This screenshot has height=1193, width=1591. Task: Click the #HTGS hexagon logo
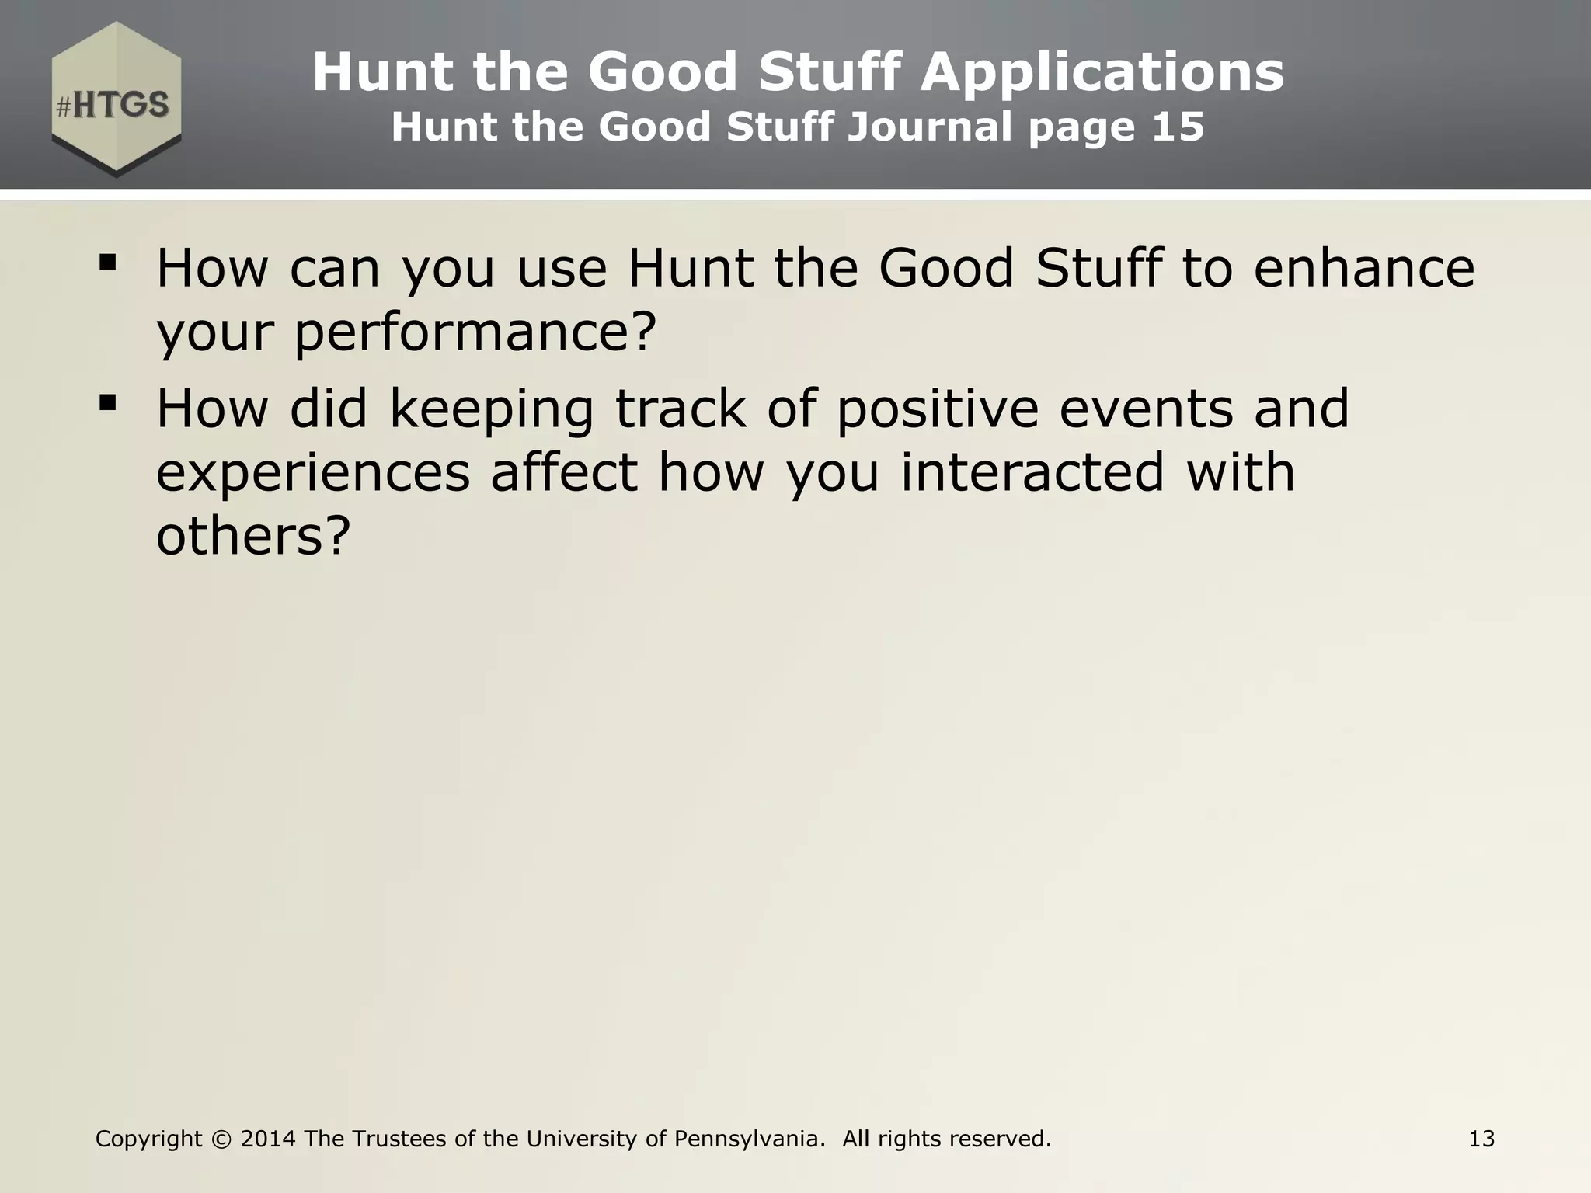point(117,99)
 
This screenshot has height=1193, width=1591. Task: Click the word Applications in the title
point(1102,72)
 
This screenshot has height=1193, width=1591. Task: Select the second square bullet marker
point(108,402)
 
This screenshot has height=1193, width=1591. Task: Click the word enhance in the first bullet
point(1364,268)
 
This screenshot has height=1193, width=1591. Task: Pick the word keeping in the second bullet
point(491,410)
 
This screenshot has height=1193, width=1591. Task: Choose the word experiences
point(313,474)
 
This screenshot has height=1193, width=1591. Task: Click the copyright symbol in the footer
point(221,1139)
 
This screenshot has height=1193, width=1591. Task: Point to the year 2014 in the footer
point(268,1139)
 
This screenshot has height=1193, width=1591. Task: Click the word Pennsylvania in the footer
point(749,1139)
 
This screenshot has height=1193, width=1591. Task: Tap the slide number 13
point(1481,1139)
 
